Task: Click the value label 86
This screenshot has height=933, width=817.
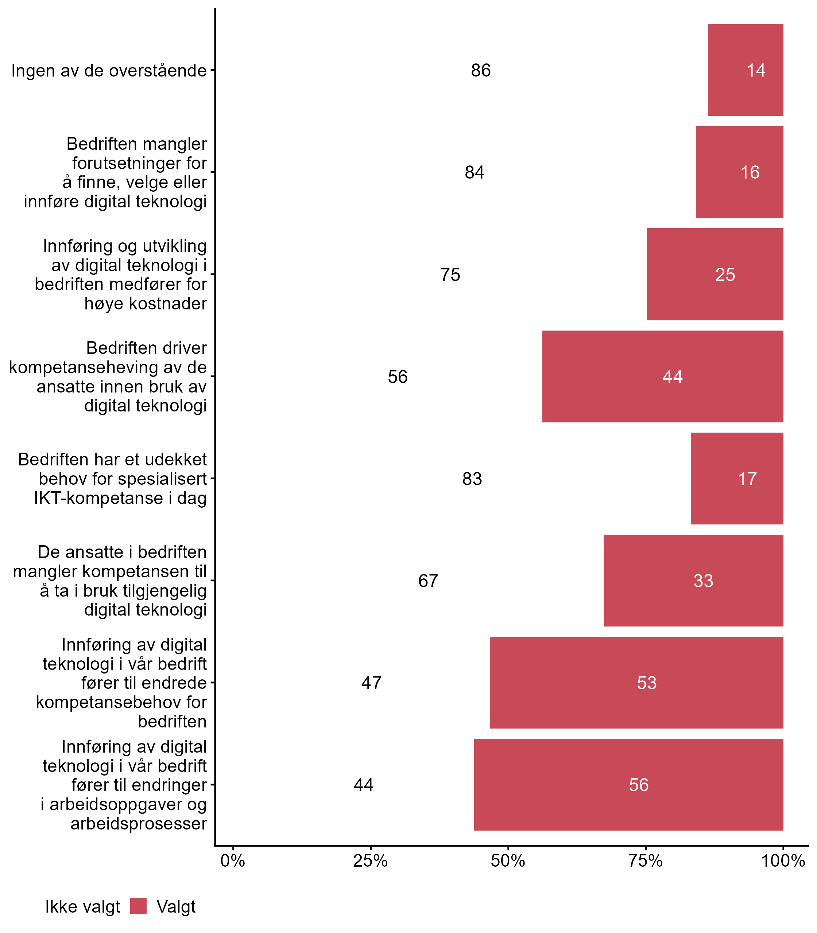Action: click(x=481, y=71)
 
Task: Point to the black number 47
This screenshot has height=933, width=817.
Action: click(x=371, y=683)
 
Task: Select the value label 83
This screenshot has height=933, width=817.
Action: click(x=472, y=479)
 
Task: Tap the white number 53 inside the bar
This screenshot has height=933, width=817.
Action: click(x=646, y=683)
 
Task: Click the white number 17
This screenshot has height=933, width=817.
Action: click(x=747, y=479)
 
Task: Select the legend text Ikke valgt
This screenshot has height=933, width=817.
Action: click(x=82, y=907)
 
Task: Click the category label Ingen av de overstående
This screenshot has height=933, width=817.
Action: click(x=109, y=71)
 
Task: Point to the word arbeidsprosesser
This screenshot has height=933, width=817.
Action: click(x=139, y=824)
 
